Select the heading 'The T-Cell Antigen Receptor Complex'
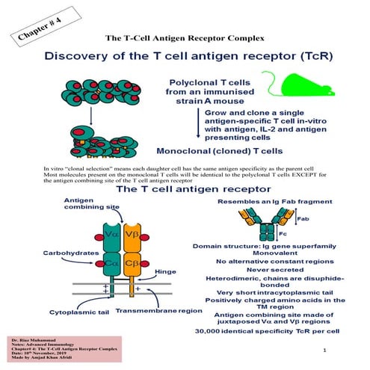click(x=184, y=37)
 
